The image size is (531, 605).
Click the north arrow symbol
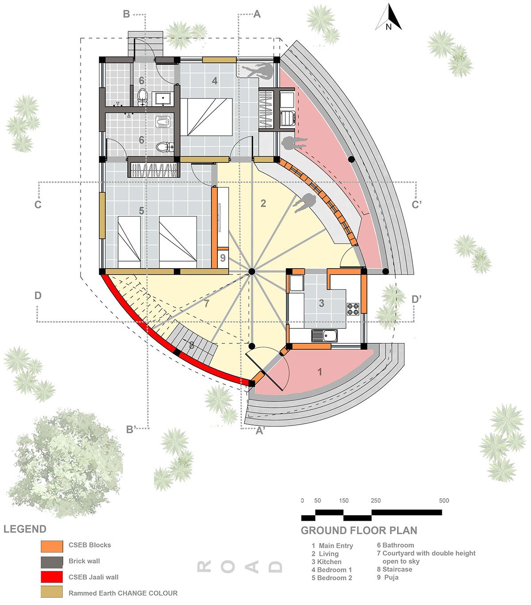pyautogui.click(x=389, y=17)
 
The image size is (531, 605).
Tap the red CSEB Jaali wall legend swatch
pyautogui.click(x=52, y=577)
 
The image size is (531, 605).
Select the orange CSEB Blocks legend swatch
pyautogui.click(x=52, y=547)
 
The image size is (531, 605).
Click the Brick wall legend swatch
pyautogui.click(x=52, y=562)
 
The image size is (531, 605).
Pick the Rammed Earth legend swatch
pyautogui.click(x=52, y=592)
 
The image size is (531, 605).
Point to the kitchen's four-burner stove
pyautogui.click(x=353, y=309)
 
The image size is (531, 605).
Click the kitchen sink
pyautogui.click(x=324, y=335)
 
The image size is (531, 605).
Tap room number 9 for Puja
pyautogui.click(x=223, y=258)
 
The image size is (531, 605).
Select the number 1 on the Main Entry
pyautogui.click(x=320, y=372)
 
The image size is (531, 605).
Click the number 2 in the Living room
pyautogui.click(x=263, y=203)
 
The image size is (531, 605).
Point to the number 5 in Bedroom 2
pyautogui.click(x=142, y=211)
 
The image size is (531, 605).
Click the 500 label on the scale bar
pyautogui.click(x=444, y=501)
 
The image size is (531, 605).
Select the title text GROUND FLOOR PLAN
pyautogui.click(x=359, y=530)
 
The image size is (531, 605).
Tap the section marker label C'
pyautogui.click(x=417, y=204)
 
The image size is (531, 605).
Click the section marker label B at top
pyautogui.click(x=127, y=14)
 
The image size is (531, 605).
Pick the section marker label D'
pyautogui.click(x=417, y=299)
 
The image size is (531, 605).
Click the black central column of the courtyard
pyautogui.click(x=252, y=271)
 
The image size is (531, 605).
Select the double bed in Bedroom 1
pyautogui.click(x=206, y=117)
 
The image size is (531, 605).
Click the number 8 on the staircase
pyautogui.click(x=192, y=345)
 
